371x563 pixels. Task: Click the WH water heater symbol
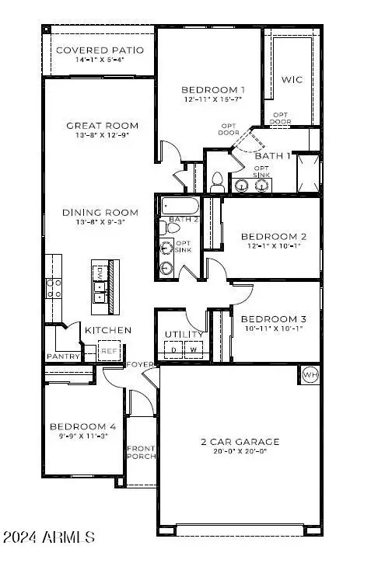tap(310, 374)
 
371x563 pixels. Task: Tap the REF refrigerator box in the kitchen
tap(110, 352)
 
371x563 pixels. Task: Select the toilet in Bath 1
tap(218, 182)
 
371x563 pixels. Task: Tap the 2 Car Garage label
tap(237, 442)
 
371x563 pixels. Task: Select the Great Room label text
tap(102, 126)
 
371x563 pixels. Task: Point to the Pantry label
tap(63, 356)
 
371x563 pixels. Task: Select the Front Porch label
tap(141, 452)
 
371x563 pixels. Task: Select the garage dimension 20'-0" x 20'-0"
tap(237, 453)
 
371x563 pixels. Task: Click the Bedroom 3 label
tap(273, 319)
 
